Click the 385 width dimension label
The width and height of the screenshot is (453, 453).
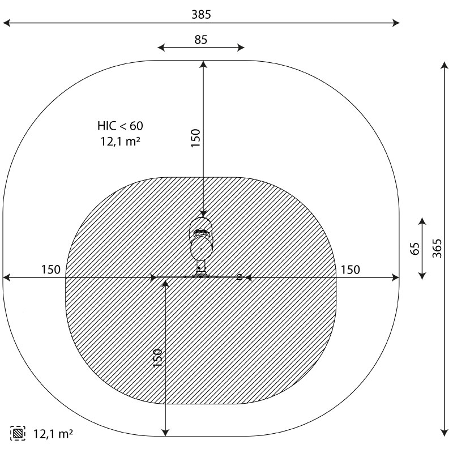(201, 15)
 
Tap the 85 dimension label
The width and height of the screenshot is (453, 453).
(201, 40)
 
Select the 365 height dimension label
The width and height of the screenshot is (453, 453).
(437, 248)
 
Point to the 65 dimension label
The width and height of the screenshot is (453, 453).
(414, 249)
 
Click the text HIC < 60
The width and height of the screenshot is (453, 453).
(120, 126)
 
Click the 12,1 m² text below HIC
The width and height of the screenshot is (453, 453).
(121, 142)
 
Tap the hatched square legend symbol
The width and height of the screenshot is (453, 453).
(18, 433)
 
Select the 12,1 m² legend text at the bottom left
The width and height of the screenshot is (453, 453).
(53, 434)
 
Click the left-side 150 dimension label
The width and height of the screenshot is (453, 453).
(51, 270)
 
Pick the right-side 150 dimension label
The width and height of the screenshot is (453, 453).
(351, 270)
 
